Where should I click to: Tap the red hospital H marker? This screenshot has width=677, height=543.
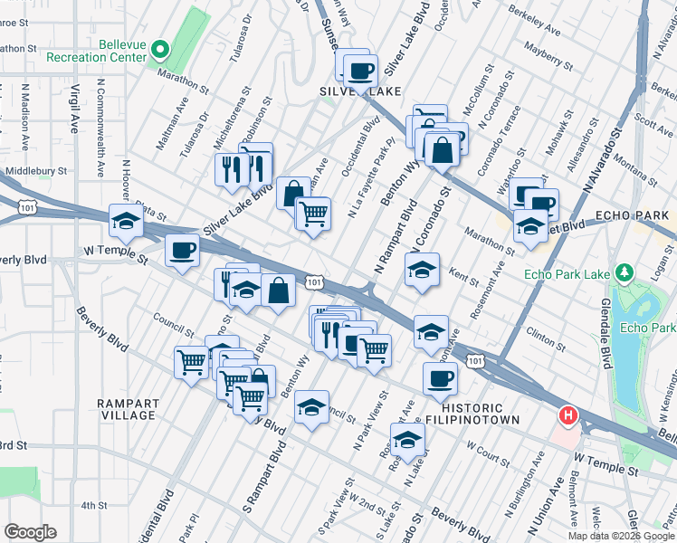tap(567, 416)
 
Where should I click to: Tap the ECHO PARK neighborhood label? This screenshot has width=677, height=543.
tap(633, 215)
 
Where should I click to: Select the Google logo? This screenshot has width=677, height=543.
tap(31, 531)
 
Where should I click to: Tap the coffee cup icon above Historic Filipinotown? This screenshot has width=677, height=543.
tap(440, 378)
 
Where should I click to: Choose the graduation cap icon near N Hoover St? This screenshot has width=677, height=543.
tap(126, 220)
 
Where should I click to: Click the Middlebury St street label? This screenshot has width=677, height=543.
tap(36, 170)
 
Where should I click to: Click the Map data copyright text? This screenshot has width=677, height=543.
tap(620, 535)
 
